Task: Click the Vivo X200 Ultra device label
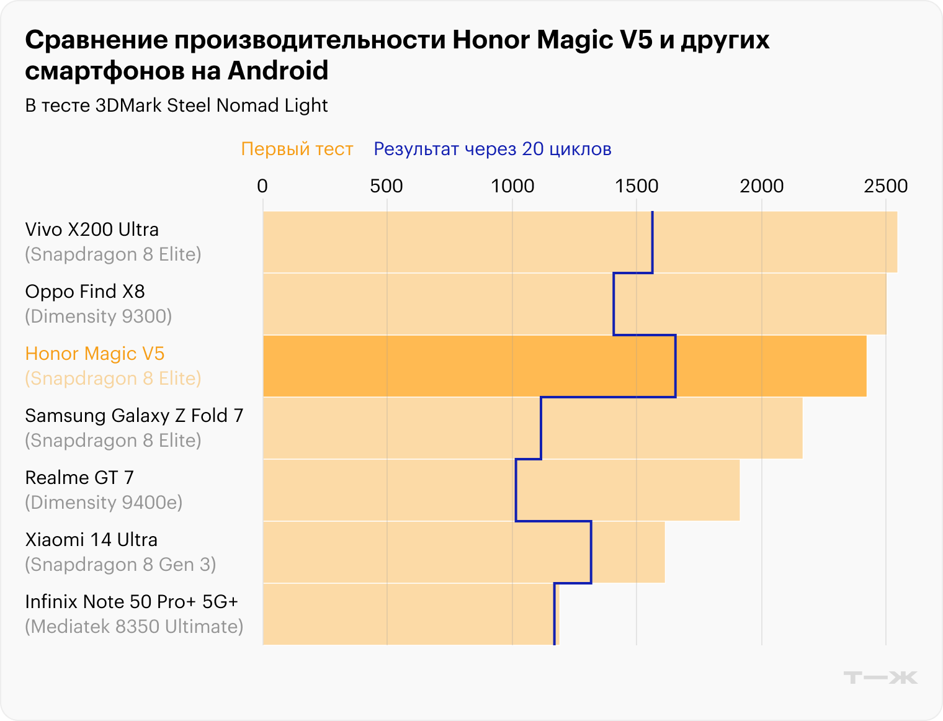pyautogui.click(x=92, y=230)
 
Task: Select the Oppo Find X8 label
pyautogui.click(x=85, y=292)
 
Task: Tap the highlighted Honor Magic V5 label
pyautogui.click(x=95, y=354)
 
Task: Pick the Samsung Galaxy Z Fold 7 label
pyautogui.click(x=134, y=416)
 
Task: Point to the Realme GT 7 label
pyautogui.click(x=79, y=478)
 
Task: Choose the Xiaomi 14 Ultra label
pyautogui.click(x=91, y=540)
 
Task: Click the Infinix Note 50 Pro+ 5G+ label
pyautogui.click(x=132, y=602)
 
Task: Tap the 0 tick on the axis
pyautogui.click(x=262, y=186)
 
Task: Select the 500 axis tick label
pyautogui.click(x=387, y=186)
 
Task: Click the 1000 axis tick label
pyautogui.click(x=512, y=186)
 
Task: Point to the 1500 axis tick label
pyautogui.click(x=637, y=186)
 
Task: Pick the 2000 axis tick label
pyautogui.click(x=761, y=186)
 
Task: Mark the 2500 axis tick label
pyautogui.click(x=886, y=186)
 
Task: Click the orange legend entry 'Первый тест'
pyautogui.click(x=297, y=149)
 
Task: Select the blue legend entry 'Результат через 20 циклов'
pyautogui.click(x=493, y=149)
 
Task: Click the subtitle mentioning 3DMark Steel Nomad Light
pyautogui.click(x=176, y=105)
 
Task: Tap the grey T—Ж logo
pyautogui.click(x=880, y=677)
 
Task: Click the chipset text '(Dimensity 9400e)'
pyautogui.click(x=104, y=503)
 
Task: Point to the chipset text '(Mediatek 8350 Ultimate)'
pyautogui.click(x=134, y=627)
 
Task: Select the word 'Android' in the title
pyautogui.click(x=278, y=71)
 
